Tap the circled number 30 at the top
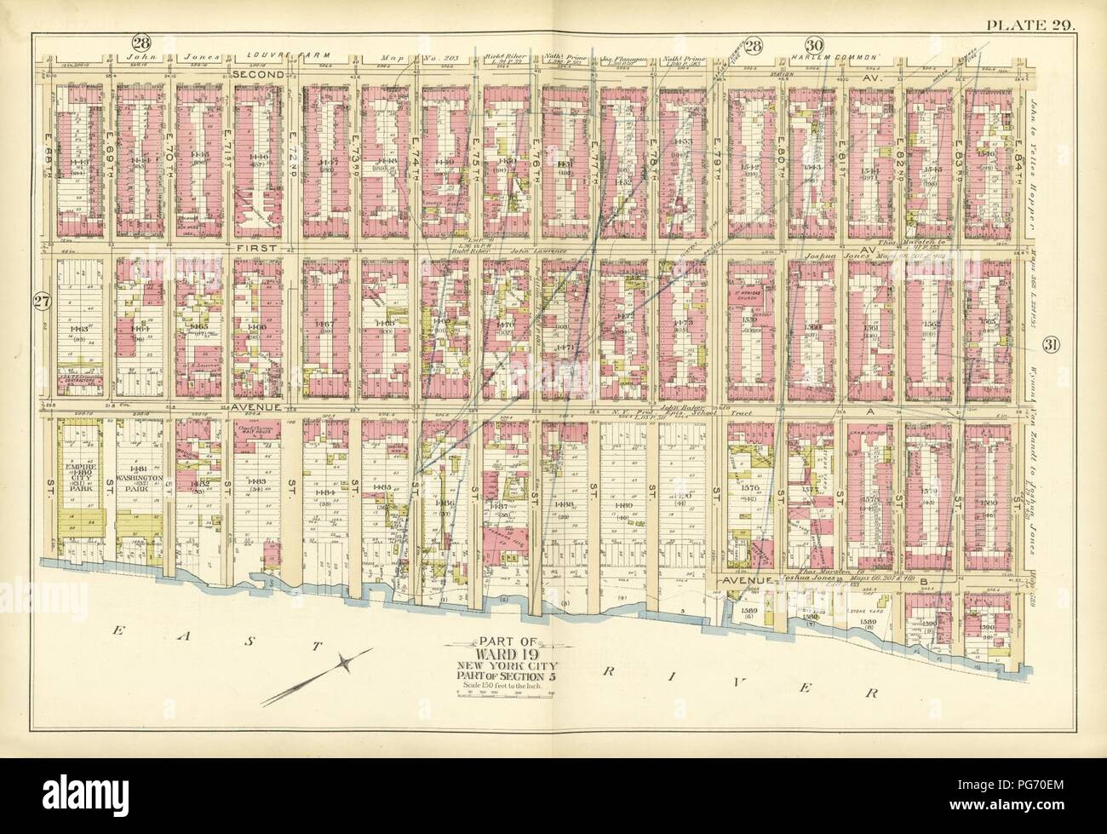(x=814, y=44)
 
